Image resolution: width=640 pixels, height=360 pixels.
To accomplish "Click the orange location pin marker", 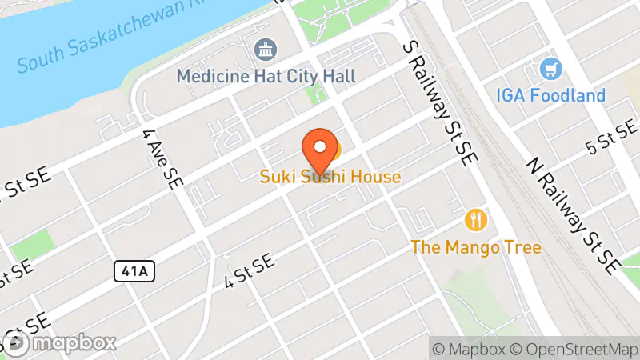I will click(x=319, y=146).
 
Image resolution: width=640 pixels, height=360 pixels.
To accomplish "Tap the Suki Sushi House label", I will click(x=330, y=176).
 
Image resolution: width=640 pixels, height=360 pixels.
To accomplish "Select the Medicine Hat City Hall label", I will click(x=266, y=76).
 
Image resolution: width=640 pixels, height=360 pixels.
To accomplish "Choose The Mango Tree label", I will click(x=475, y=246).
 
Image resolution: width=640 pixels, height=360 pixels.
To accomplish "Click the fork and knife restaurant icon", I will click(x=476, y=219).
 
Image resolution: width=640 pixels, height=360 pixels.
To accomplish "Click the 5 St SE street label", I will click(x=612, y=138).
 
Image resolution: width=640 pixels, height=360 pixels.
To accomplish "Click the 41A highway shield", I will click(x=132, y=272).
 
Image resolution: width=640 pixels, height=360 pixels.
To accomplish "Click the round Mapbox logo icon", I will click(x=16, y=342).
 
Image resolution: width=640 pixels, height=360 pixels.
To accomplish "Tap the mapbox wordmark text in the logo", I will click(x=73, y=342).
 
